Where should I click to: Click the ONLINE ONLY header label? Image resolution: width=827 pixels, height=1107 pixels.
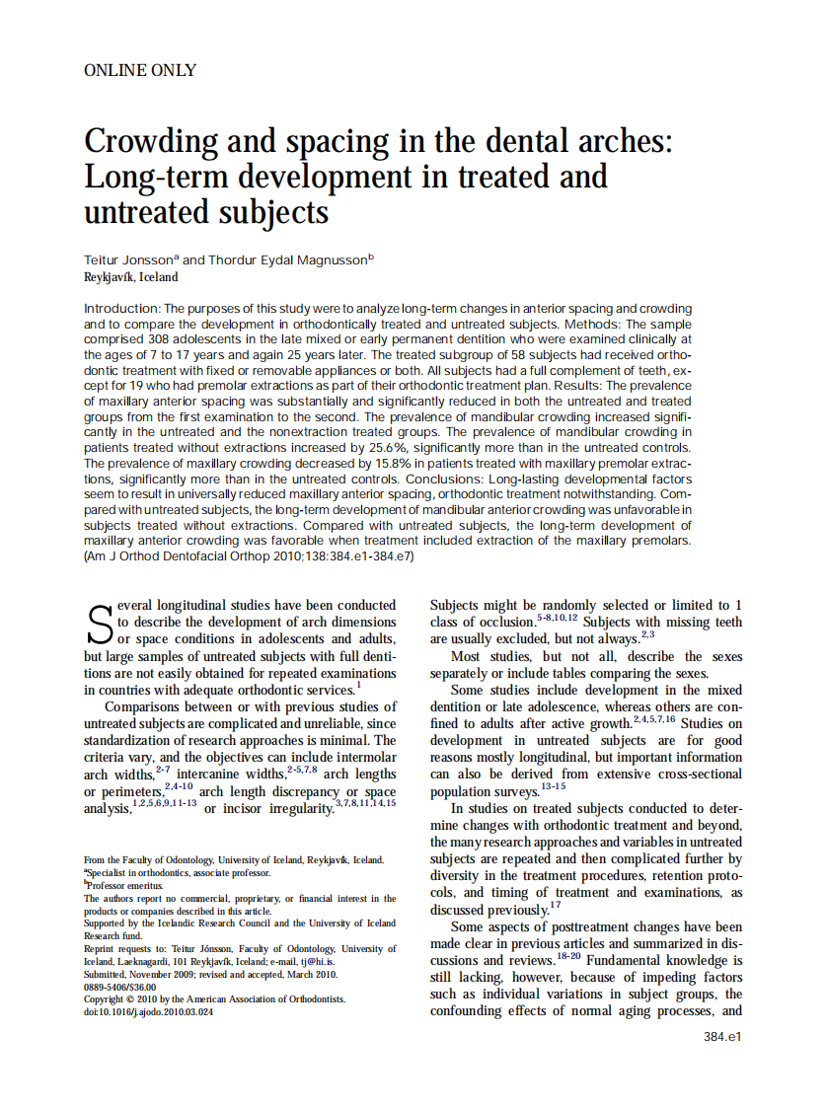[140, 70]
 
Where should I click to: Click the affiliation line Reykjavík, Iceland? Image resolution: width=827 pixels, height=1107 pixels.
[131, 277]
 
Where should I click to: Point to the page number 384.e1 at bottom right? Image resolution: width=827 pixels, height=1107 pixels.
[721, 1036]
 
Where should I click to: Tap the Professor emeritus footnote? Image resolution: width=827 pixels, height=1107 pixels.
[122, 885]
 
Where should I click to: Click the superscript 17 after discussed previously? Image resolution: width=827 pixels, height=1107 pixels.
[556, 904]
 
